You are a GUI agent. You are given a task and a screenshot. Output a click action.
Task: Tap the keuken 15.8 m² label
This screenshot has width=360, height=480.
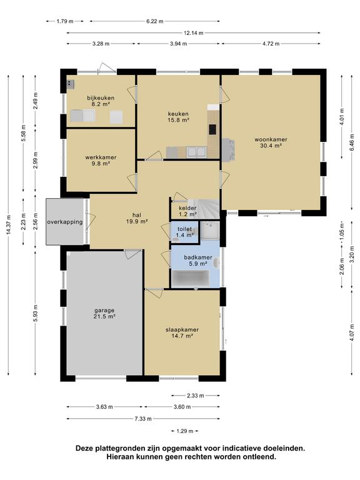tap(178, 117)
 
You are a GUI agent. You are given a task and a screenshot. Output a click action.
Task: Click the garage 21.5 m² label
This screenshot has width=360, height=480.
tap(104, 314)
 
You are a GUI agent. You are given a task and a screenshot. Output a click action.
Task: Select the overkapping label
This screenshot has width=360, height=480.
tap(65, 222)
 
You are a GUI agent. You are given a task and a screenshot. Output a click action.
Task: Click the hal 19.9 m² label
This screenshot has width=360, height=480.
tap(137, 218)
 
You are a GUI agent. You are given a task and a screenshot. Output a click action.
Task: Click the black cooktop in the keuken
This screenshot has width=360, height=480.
tap(212, 129)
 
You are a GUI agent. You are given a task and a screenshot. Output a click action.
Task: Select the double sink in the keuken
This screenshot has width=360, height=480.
tap(197, 152)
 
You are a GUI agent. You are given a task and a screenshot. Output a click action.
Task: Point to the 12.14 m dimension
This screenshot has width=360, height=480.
tap(194, 32)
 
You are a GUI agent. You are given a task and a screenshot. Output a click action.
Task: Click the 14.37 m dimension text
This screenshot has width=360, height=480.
tap(8, 225)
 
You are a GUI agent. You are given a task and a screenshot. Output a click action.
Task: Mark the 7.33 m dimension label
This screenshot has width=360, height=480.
tap(143, 419)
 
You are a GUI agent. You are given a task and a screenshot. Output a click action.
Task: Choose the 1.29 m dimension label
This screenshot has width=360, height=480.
tap(185, 431)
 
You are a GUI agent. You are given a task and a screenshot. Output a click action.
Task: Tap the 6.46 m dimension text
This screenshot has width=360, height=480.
tap(351, 142)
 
